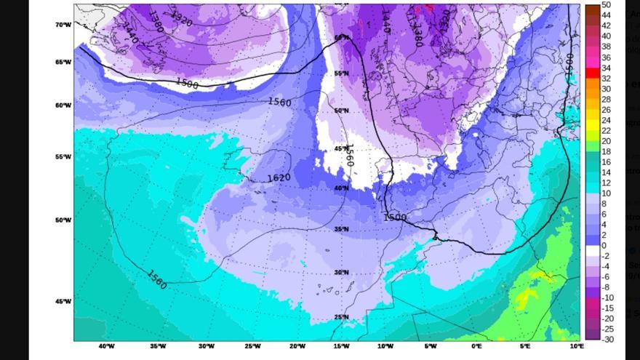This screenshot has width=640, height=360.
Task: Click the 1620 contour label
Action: pos(279,178)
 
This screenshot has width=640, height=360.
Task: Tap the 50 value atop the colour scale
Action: pos(606,6)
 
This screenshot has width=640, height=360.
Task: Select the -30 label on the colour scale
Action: pos(607,340)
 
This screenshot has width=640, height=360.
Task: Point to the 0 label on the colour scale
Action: pos(604,246)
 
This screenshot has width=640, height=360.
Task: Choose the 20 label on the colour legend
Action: pos(606,141)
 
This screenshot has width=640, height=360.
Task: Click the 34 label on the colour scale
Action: pos(606,68)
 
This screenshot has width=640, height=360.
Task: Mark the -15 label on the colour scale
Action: pos(607,308)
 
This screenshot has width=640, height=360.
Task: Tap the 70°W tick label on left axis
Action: pos(64,25)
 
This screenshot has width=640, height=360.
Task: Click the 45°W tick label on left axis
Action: pos(64,301)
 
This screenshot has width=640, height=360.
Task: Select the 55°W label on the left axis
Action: pos(64,157)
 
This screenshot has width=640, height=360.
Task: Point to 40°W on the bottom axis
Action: pos(106,346)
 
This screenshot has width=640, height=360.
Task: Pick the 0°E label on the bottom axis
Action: pos(476,346)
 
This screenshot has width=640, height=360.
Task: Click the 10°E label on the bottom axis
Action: pos(577,346)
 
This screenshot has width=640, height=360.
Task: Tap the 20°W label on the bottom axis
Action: pos(297,346)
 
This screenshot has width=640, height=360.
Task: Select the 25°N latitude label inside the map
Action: pos(341,317)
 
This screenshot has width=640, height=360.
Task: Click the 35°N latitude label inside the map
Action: pos(341,230)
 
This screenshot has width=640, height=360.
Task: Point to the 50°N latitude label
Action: pos(342,111)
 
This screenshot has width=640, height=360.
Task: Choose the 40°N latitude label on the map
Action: pos(341,188)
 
